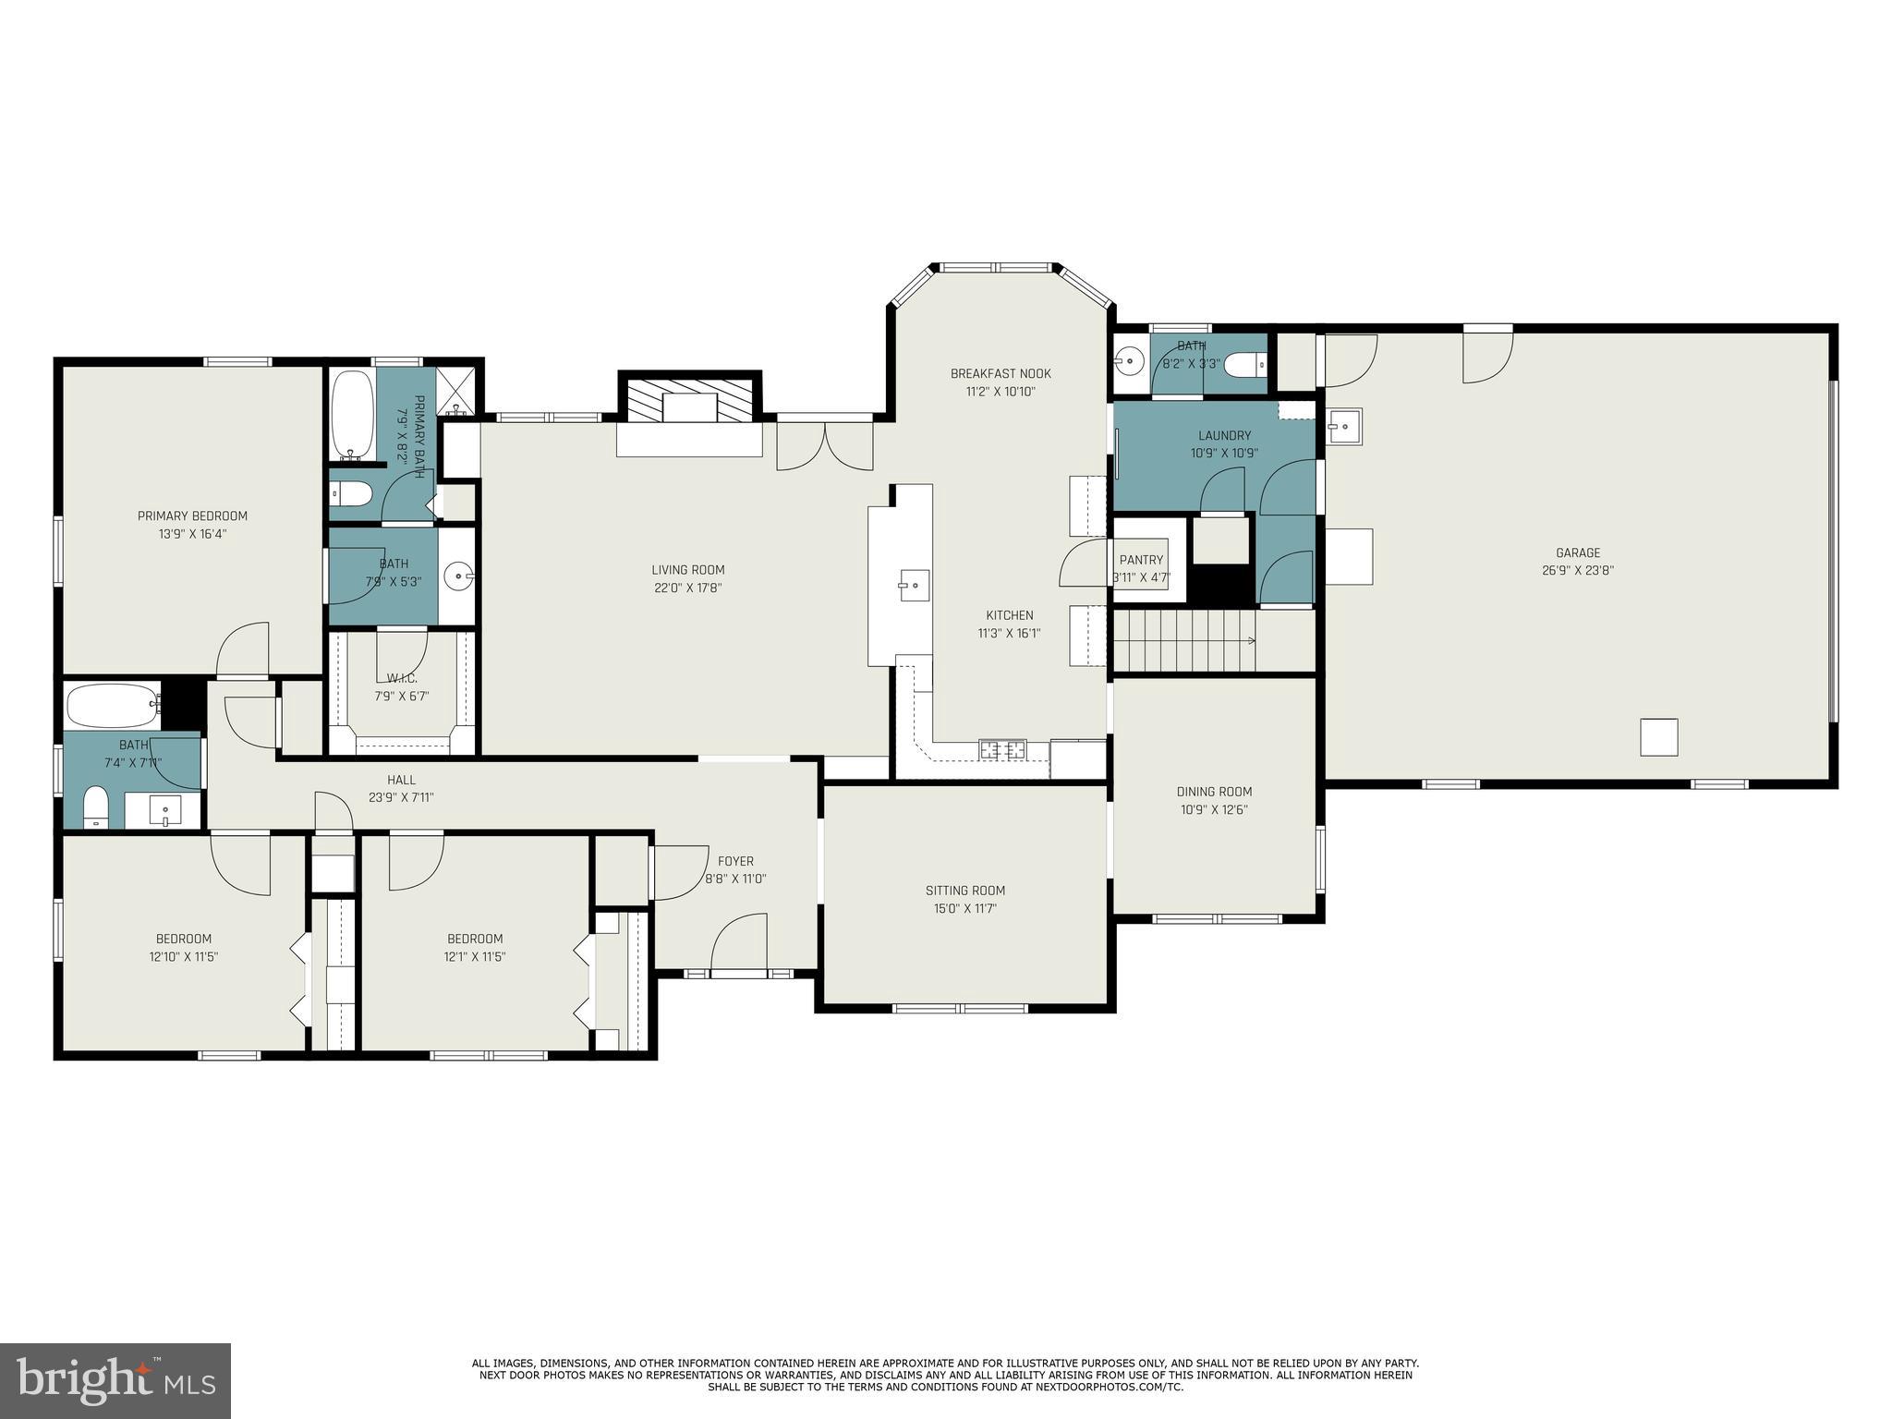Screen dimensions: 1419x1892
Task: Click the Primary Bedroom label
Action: tap(192, 515)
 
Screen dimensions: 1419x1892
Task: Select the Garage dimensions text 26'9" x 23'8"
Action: tap(1578, 571)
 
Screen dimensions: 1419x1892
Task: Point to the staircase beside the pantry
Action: tap(1185, 640)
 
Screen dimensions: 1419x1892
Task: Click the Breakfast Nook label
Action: tap(1001, 373)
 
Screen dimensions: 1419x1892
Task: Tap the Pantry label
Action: tap(1141, 560)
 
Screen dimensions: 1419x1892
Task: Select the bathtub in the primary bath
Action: tap(352, 416)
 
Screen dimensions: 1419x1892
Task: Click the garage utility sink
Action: tap(1344, 426)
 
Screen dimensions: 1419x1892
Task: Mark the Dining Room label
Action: tap(1214, 791)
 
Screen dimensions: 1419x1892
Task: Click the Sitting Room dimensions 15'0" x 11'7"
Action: tap(965, 908)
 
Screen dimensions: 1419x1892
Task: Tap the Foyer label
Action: tap(735, 861)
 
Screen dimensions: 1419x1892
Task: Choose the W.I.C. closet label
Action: tap(401, 678)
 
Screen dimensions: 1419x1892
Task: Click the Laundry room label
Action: tap(1224, 435)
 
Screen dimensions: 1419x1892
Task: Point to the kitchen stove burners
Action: tap(1002, 749)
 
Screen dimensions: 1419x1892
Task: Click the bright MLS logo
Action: tap(115, 1380)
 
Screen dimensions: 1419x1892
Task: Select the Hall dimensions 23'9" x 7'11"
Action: tap(401, 797)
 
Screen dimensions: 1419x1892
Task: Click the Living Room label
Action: tap(687, 570)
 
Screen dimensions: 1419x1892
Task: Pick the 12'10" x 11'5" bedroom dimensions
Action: tap(183, 957)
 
